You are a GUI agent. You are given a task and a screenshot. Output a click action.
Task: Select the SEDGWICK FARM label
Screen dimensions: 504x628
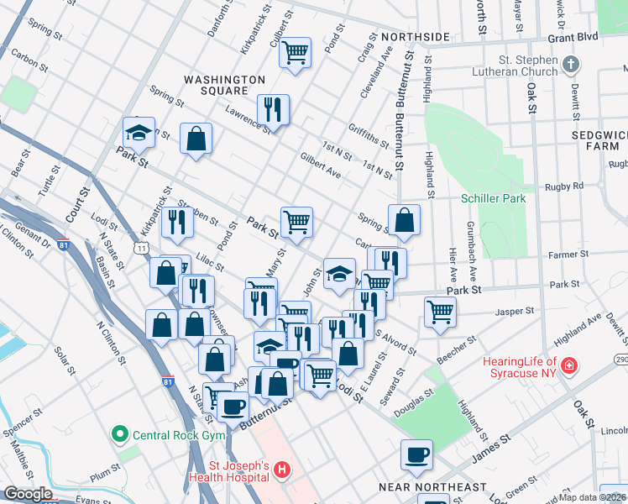pos(599,139)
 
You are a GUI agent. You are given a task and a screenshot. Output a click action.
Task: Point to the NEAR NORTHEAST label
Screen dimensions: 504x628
pos(432,487)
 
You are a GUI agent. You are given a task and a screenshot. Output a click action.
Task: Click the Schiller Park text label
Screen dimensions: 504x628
pos(493,198)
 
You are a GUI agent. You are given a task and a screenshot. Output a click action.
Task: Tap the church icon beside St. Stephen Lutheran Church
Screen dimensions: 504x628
pos(571,65)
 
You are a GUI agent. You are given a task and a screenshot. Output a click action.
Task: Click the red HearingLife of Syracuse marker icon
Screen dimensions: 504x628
pos(569,366)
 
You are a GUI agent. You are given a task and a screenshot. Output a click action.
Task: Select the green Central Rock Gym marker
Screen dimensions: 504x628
pos(120,434)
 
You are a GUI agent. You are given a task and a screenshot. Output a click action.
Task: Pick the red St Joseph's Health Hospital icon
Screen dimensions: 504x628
pos(283,471)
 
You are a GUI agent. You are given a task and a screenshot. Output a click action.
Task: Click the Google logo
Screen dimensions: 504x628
pos(28,494)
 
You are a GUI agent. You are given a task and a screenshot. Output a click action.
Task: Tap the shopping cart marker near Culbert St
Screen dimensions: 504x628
pos(295,52)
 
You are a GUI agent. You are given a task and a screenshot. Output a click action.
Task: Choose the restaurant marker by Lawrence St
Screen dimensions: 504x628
pos(273,109)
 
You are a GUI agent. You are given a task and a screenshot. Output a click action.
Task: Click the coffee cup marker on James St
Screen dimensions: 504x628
pos(416,455)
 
